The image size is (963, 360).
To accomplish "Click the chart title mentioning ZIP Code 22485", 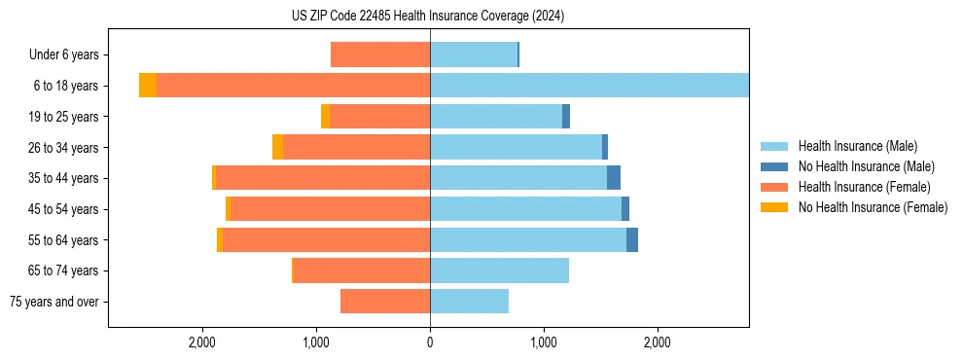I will pyautogui.click(x=428, y=16).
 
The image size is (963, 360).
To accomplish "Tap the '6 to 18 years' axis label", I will pyautogui.click(x=66, y=86).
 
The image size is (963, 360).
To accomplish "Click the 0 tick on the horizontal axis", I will pyautogui.click(x=430, y=342).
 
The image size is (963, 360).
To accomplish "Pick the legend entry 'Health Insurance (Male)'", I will pyautogui.click(x=857, y=146).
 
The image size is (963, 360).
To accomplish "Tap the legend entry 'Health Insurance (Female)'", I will pyautogui.click(x=864, y=187).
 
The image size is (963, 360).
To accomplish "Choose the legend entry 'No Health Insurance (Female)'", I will pyautogui.click(x=873, y=207).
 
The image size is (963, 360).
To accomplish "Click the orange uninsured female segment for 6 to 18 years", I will pyautogui.click(x=148, y=86).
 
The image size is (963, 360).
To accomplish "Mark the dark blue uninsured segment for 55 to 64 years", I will pyautogui.click(x=632, y=240).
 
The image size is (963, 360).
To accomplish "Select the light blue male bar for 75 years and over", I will pyautogui.click(x=469, y=302).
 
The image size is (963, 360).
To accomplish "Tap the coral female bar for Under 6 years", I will pyautogui.click(x=380, y=55).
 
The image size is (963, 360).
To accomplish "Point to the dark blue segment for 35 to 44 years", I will pyautogui.click(x=614, y=178).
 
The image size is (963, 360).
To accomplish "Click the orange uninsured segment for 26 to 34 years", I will pyautogui.click(x=278, y=147).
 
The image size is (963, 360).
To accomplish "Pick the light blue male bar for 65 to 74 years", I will pyautogui.click(x=499, y=270).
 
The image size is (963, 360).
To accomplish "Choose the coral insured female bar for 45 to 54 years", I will pyautogui.click(x=330, y=209).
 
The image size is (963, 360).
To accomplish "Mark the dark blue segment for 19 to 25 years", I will pyautogui.click(x=566, y=117).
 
